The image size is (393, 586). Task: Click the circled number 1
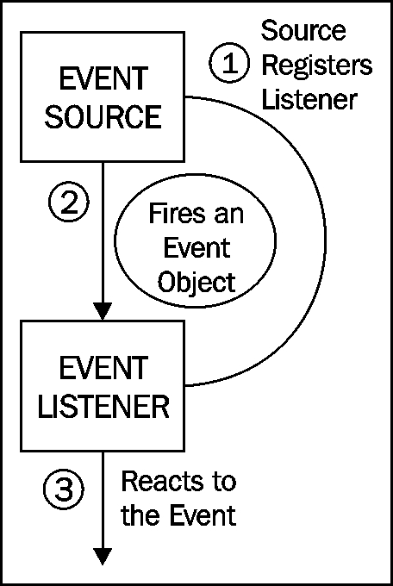click(x=228, y=64)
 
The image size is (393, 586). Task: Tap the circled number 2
click(x=69, y=203)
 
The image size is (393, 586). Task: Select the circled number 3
click(x=64, y=489)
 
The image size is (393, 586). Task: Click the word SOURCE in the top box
click(x=103, y=116)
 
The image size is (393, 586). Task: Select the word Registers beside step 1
click(x=316, y=66)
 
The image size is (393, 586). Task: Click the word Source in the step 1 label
click(x=303, y=30)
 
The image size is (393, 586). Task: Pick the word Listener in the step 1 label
click(x=309, y=99)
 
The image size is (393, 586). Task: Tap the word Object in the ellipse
click(x=196, y=282)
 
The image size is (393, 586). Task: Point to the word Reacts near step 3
click(x=161, y=481)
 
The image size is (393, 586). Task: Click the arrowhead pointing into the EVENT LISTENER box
click(x=102, y=312)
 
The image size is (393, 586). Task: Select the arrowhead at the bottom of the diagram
click(x=102, y=556)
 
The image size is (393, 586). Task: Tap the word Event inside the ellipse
click(x=196, y=248)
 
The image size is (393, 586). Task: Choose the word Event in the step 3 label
click(x=203, y=515)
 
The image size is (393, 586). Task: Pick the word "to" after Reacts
click(x=222, y=482)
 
